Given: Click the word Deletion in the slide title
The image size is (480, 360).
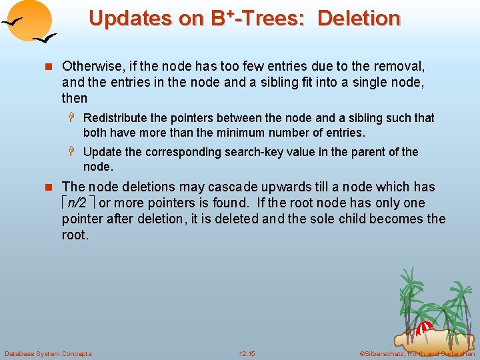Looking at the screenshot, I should click(359, 18).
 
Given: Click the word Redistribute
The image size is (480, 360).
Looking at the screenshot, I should click(116, 118).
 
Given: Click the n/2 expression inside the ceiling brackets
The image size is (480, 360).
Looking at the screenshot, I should click(78, 203).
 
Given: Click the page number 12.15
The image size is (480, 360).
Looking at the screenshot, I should click(247, 353).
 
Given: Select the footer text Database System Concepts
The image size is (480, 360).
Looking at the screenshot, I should click(48, 353).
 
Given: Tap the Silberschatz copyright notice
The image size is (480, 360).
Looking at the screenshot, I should click(417, 353).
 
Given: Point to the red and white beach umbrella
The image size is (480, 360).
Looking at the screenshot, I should click(425, 329).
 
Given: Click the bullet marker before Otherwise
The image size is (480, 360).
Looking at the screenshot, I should click(46, 67).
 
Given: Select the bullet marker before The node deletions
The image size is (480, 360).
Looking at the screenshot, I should click(46, 187).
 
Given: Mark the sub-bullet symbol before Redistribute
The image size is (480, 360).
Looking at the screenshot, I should click(73, 118).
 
